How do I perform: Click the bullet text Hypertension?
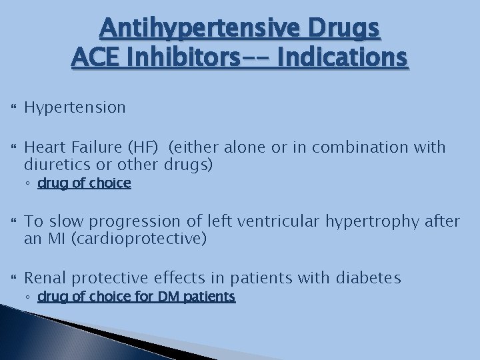pos(75,107)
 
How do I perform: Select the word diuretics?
pos(53,164)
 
